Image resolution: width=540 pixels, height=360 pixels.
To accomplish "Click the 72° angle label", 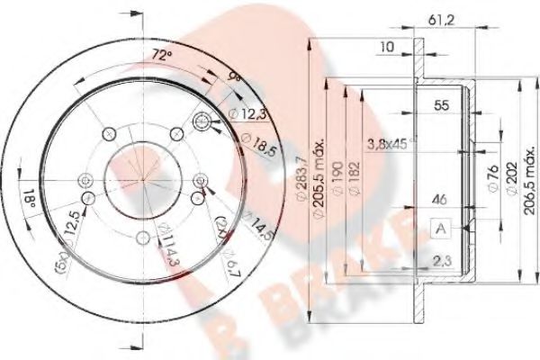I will tap(161, 56).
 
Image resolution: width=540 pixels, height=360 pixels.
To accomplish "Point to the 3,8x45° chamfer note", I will tap(395, 143).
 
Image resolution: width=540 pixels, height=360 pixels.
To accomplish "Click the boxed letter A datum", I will tap(441, 228).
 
